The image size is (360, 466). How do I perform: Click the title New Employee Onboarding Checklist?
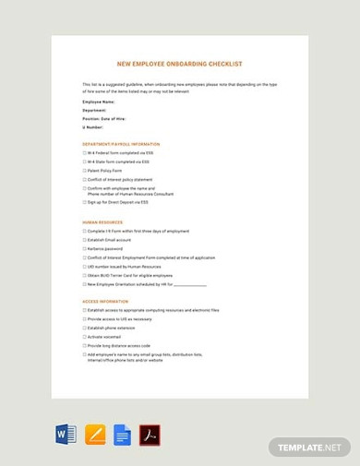click(180, 65)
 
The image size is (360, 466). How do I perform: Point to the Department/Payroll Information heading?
click(121, 144)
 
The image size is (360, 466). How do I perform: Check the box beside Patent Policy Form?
click(85, 171)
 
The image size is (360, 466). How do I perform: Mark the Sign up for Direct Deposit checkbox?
click(85, 202)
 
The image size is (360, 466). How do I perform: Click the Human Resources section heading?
click(102, 222)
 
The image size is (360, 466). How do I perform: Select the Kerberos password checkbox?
click(85, 248)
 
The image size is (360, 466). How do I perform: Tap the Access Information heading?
click(105, 301)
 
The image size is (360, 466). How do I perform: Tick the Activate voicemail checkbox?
click(85, 337)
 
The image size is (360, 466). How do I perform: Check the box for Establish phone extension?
click(85, 328)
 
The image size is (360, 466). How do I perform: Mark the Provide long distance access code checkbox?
click(85, 345)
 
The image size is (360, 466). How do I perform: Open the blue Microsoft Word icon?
click(66, 435)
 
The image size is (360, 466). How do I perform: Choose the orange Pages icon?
click(94, 435)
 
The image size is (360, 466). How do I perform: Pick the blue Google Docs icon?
click(122, 435)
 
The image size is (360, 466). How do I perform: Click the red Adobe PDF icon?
click(150, 435)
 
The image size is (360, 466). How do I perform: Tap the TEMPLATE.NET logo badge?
click(310, 447)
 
